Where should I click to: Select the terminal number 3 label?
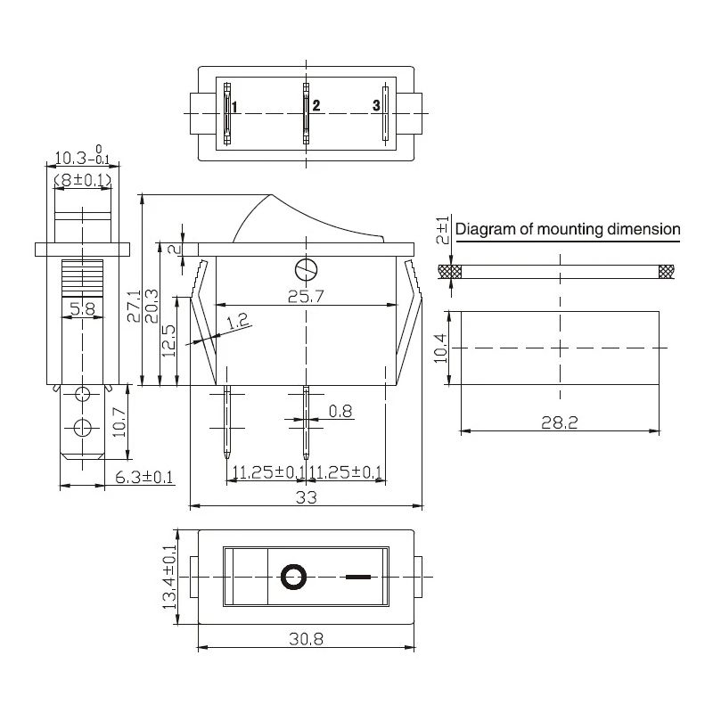point(376,106)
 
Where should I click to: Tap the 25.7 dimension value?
point(305,297)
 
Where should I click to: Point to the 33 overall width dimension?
point(306,498)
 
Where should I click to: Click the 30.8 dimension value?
point(305,639)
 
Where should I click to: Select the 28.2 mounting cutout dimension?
point(559,422)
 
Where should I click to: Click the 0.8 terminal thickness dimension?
point(340,412)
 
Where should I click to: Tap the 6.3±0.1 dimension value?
point(144,477)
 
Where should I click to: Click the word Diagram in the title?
point(485,229)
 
